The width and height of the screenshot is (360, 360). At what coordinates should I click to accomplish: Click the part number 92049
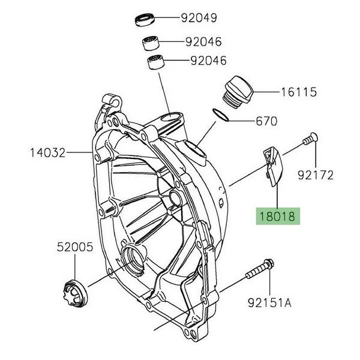pyautogui.click(x=200, y=18)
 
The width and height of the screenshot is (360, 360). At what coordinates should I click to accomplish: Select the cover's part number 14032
pyautogui.click(x=47, y=153)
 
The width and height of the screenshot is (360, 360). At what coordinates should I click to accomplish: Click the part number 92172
pyautogui.click(x=316, y=175)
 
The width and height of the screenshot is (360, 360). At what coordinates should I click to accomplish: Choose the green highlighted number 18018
pyautogui.click(x=277, y=216)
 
